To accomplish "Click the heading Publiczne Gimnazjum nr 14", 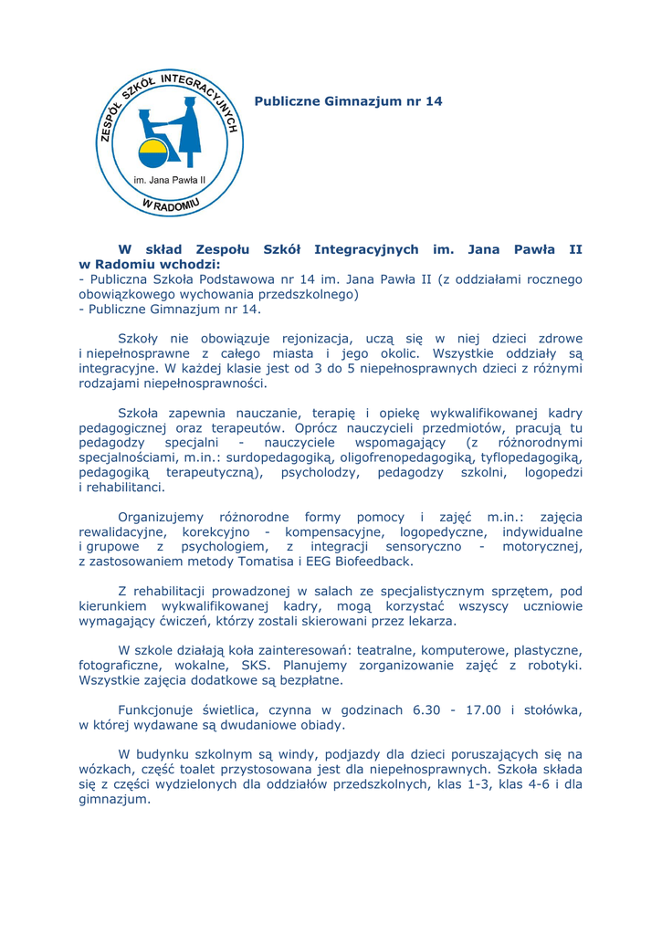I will (348, 101).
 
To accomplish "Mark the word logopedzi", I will (553, 472).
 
